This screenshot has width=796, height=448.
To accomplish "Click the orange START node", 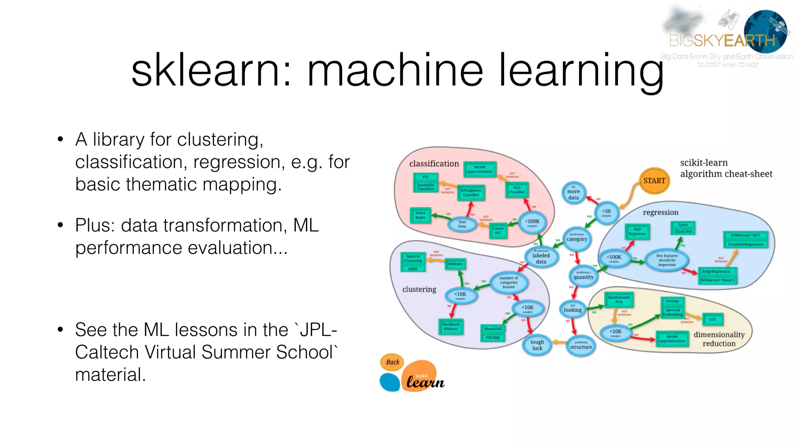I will pyautogui.click(x=654, y=181).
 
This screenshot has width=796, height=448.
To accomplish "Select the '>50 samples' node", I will pyautogui.click(x=606, y=213).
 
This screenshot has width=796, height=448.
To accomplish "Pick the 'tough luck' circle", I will pyautogui.click(x=537, y=345).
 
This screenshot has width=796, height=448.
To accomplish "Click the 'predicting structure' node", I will pyautogui.click(x=581, y=345).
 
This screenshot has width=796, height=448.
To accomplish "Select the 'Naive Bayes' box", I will pyautogui.click(x=420, y=215).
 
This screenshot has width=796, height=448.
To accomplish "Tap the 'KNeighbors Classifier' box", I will pyautogui.click(x=471, y=192).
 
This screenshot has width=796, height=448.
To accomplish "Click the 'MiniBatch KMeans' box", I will pyautogui.click(x=451, y=327).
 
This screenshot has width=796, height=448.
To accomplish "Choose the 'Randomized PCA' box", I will pyautogui.click(x=619, y=299).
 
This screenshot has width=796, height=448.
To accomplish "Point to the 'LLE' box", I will pyautogui.click(x=712, y=319).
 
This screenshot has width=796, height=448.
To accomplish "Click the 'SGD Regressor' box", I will pyautogui.click(x=637, y=232).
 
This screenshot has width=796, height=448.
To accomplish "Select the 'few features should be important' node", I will pyautogui.click(x=667, y=260).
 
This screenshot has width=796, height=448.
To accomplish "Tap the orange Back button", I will pyautogui.click(x=393, y=362).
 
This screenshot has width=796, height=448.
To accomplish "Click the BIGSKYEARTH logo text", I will pyautogui.click(x=722, y=40).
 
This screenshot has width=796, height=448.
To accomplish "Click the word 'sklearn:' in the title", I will pyautogui.click(x=211, y=71).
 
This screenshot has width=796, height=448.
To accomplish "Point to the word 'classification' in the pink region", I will pyautogui.click(x=434, y=164).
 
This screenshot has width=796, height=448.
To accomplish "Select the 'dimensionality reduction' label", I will pyautogui.click(x=719, y=339).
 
